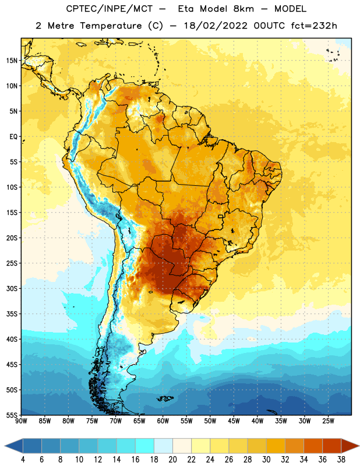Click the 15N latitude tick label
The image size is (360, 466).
pyautogui.click(x=12, y=61)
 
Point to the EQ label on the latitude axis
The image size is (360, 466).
pyautogui.click(x=13, y=137)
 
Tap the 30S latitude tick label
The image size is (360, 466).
pyautogui.click(x=12, y=288)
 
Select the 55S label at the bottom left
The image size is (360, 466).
pyautogui.click(x=12, y=415)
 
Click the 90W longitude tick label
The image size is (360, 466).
pyautogui.click(x=21, y=421)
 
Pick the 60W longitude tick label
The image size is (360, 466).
pyautogui.click(x=163, y=421)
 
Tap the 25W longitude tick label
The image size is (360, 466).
pyautogui.click(x=328, y=421)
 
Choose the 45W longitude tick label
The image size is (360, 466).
pyautogui.click(x=234, y=421)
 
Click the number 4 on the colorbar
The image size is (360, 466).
pyautogui.click(x=23, y=460)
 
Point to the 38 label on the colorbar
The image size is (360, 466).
pyautogui.click(x=341, y=460)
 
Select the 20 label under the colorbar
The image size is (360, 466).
pyautogui.click(x=172, y=460)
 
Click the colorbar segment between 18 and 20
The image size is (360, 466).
pyautogui.click(x=163, y=446)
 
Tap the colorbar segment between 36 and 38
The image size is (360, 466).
pyautogui.click(x=332, y=446)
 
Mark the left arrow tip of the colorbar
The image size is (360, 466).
pyautogui.click(x=5, y=446)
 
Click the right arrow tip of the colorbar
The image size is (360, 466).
pyautogui.click(x=359, y=446)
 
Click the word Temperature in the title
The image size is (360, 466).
pyautogui.click(x=111, y=26)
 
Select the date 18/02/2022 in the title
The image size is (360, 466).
pyautogui.click(x=216, y=26)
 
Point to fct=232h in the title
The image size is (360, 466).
pyautogui.click(x=314, y=26)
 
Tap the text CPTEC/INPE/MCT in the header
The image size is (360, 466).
pyautogui.click(x=110, y=9)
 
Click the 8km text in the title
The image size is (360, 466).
pyautogui.click(x=243, y=9)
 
